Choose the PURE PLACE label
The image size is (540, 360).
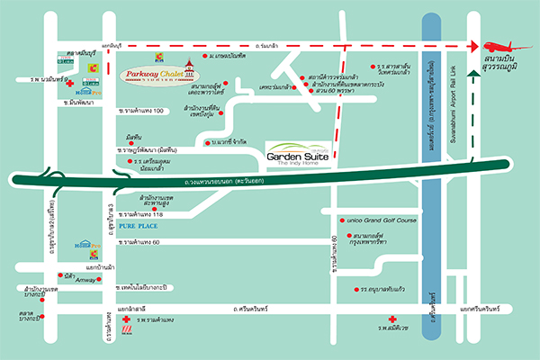point(139,229)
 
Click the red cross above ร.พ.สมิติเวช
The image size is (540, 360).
point(392,321)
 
